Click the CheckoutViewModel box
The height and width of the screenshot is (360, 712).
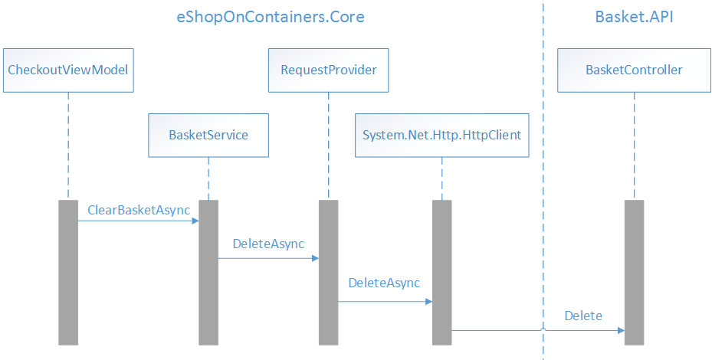(x=67, y=70)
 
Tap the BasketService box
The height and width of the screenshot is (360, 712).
(x=208, y=135)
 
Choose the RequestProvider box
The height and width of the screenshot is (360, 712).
(x=328, y=70)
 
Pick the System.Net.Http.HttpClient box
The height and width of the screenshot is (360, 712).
(x=442, y=135)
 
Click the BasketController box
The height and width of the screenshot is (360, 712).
(x=634, y=70)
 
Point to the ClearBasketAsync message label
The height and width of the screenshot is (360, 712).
(x=139, y=210)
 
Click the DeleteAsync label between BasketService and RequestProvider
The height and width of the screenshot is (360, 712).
(x=268, y=244)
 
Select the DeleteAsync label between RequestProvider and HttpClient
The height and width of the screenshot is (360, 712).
(x=384, y=283)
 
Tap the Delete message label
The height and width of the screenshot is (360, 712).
(x=583, y=316)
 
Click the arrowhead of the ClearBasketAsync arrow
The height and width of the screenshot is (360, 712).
(x=195, y=221)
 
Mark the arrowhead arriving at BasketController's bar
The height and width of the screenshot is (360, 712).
(x=620, y=331)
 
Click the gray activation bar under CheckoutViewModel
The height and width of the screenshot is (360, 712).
(x=68, y=272)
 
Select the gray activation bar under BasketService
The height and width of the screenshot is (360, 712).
(x=208, y=272)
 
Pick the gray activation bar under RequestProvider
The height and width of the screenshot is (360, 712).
(x=328, y=272)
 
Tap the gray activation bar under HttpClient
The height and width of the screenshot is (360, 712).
(x=441, y=272)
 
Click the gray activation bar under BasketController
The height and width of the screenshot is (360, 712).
(x=634, y=272)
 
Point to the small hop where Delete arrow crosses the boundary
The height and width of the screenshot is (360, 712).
(x=543, y=329)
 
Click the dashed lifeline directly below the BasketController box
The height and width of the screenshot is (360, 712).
(x=634, y=146)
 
